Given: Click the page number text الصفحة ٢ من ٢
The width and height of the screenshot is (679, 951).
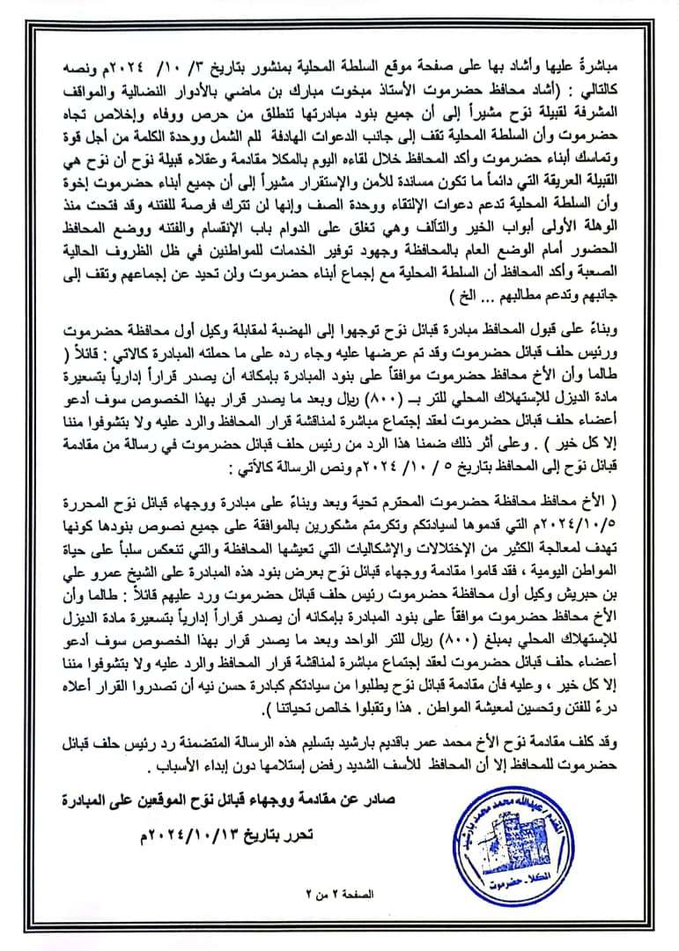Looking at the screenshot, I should pos(338,918).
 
